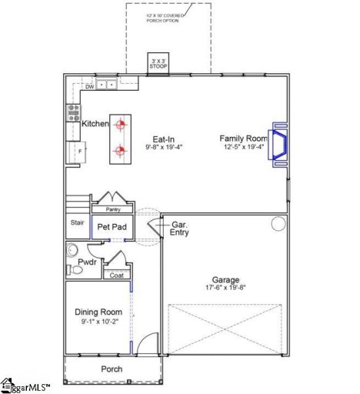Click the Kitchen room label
tap(95, 123)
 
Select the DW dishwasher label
tap(90, 86)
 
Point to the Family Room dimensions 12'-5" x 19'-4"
tap(243, 147)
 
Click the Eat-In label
tap(163, 139)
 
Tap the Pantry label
tap(112, 209)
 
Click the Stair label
tap(77, 223)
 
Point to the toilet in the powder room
tap(73, 251)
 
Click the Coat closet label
tap(116, 275)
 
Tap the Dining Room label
tap(98, 312)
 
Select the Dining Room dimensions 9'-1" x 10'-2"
tap(98, 322)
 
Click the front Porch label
tap(112, 369)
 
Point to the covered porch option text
tap(168, 17)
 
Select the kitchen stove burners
tap(74, 112)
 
